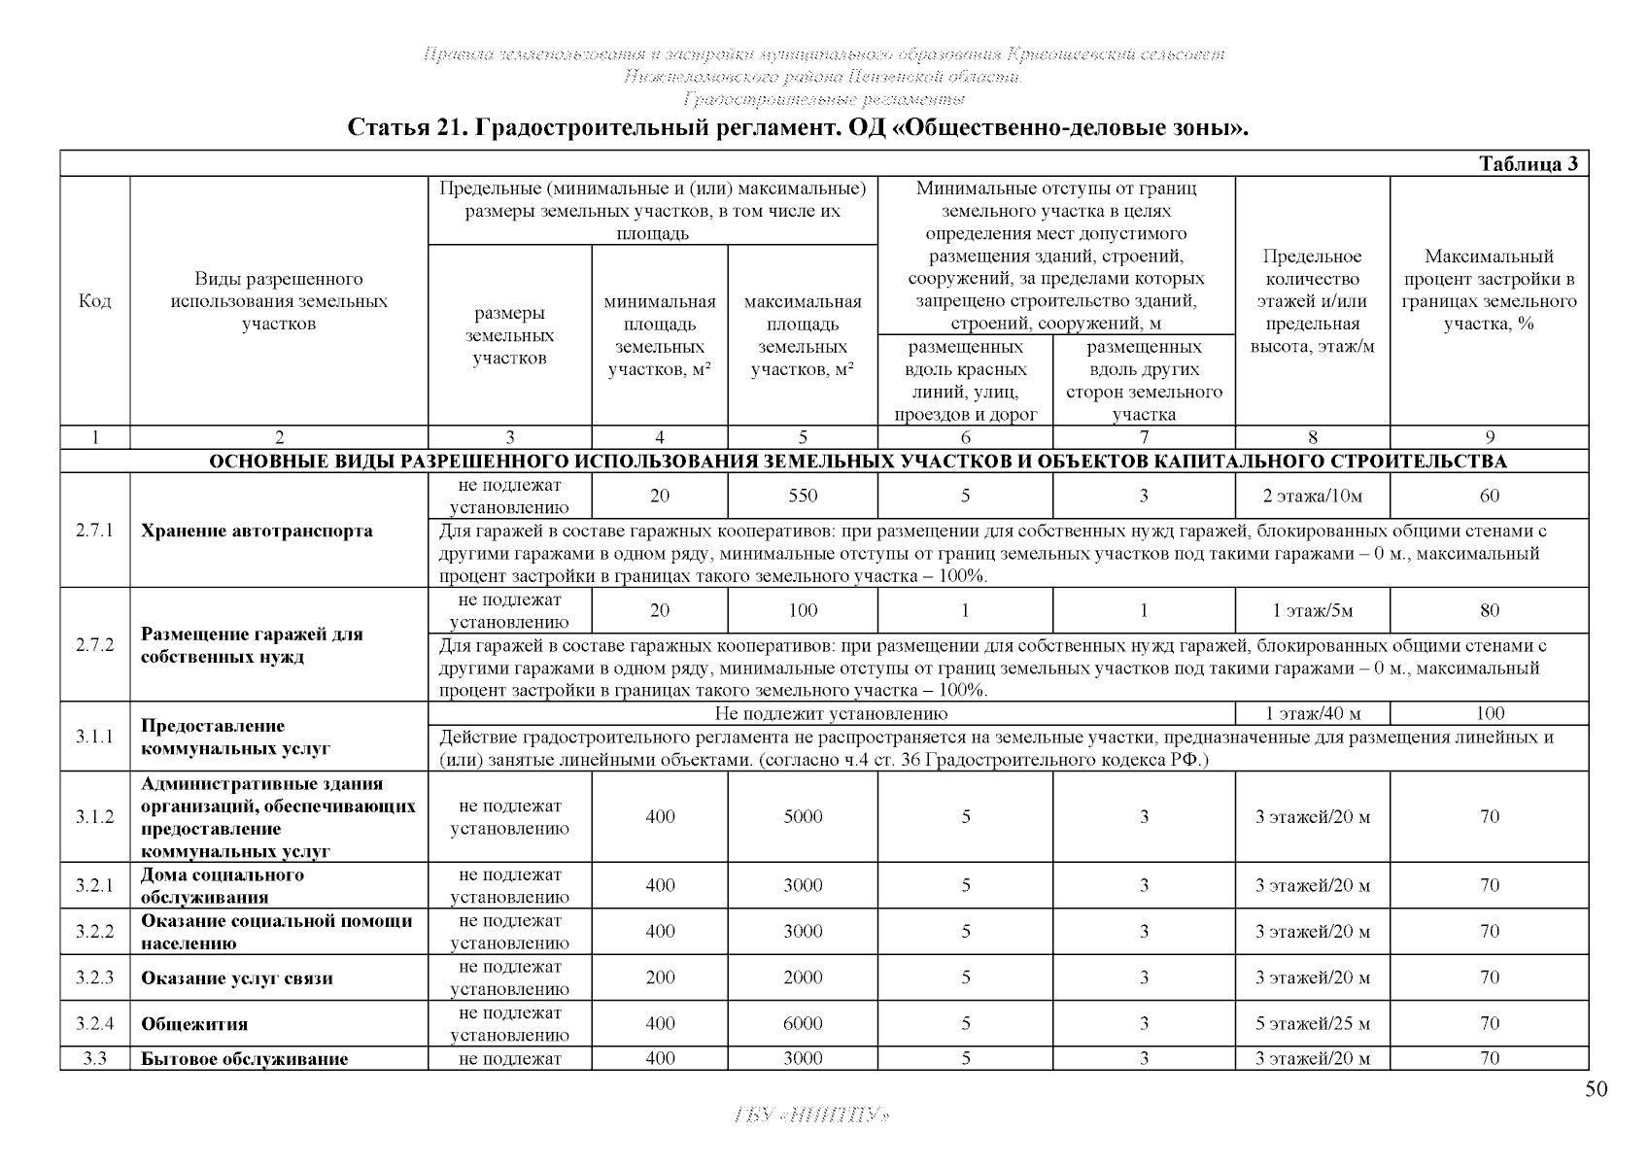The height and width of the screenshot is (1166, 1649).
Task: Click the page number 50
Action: click(x=1596, y=1089)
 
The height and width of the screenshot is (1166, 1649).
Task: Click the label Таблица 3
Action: click(x=1532, y=164)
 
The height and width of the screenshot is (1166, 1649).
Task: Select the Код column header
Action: click(x=94, y=301)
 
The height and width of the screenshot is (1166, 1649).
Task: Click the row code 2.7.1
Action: click(x=94, y=531)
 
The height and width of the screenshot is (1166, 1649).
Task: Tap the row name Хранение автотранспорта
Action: click(x=257, y=531)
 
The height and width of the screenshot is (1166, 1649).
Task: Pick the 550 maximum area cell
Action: click(x=803, y=496)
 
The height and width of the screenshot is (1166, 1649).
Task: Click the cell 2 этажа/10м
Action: click(x=1312, y=496)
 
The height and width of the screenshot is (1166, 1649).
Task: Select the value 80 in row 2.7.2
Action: click(x=1489, y=610)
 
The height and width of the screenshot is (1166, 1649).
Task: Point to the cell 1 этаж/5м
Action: click(x=1312, y=610)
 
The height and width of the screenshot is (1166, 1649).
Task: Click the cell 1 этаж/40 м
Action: click(x=1312, y=714)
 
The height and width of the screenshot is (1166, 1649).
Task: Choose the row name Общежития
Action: click(x=194, y=1024)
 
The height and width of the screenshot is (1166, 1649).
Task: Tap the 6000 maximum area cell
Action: click(x=803, y=1023)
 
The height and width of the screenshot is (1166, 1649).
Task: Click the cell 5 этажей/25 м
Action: click(x=1312, y=1023)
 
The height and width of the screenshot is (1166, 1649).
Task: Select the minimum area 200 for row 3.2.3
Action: click(x=660, y=977)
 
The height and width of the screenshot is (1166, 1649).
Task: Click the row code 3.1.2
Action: click(x=94, y=817)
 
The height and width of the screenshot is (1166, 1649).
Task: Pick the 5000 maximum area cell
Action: click(x=803, y=817)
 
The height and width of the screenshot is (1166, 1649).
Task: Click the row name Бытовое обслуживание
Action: click(x=244, y=1059)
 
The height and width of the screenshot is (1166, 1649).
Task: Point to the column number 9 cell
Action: click(x=1489, y=438)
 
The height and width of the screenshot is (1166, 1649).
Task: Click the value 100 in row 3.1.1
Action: click(x=1489, y=714)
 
